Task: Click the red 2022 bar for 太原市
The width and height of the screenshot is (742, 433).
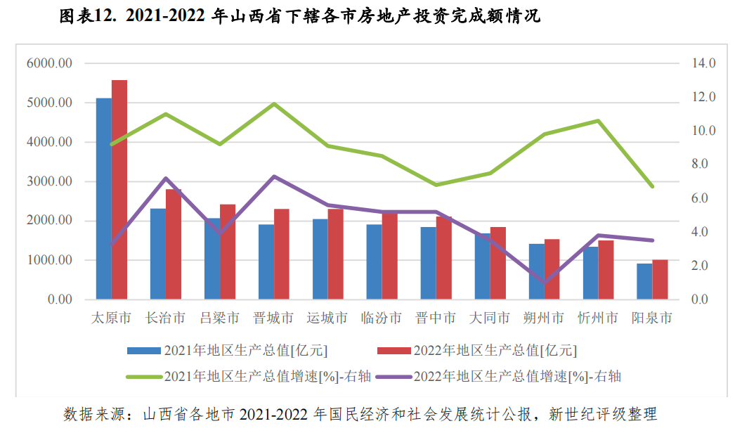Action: coord(119,190)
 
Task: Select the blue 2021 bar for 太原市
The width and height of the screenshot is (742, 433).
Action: coord(104,199)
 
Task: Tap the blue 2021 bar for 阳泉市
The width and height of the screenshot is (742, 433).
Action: coord(644,282)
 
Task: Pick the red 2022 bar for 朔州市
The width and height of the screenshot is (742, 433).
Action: coord(552,270)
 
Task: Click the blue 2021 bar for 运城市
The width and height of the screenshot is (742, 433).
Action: coord(320,259)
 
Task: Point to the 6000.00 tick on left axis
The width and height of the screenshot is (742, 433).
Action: coord(49,63)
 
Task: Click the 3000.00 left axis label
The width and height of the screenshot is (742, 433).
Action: coord(49,181)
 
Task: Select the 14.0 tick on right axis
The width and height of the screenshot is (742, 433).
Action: coord(703,63)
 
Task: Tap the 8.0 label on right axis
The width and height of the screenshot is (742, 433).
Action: coord(703,164)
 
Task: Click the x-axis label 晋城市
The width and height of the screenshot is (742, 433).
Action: coord(273,318)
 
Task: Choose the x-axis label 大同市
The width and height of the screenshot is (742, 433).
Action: coord(490,318)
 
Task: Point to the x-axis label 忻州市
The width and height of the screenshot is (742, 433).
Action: coord(598,318)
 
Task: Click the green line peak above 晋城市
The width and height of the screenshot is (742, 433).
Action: coord(274,104)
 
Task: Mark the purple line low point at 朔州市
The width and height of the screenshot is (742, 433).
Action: coord(545,283)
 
